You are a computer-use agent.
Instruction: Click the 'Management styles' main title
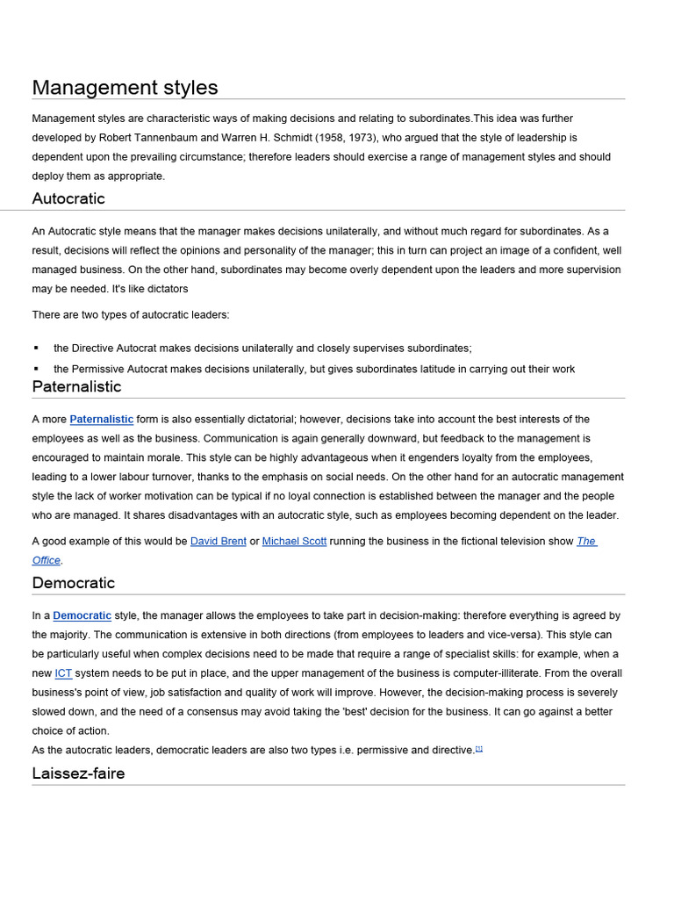pos(125,88)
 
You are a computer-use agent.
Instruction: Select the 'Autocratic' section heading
pos(68,198)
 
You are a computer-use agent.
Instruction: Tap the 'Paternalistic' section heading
pos(76,386)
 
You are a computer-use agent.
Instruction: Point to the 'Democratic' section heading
pos(74,583)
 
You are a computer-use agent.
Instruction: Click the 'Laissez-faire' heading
pos(78,773)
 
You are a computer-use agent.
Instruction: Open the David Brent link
pos(219,542)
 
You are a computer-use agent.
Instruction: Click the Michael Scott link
pos(294,542)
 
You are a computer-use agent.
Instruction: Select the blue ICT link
pos(63,673)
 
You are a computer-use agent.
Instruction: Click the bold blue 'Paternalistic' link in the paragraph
pos(102,420)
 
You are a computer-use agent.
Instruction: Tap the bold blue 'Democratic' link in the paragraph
pos(82,616)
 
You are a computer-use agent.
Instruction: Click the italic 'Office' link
pos(47,560)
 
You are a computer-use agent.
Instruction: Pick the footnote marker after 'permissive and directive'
pos(479,749)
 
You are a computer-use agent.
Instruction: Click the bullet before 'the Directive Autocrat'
pos(36,349)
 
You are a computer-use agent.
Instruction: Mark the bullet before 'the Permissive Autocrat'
pos(36,369)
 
